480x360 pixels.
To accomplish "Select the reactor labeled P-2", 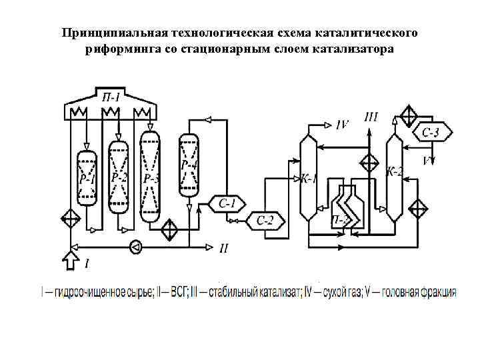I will click(x=119, y=177).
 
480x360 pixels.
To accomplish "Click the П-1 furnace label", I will click(x=111, y=98).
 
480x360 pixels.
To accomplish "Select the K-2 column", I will click(x=395, y=172).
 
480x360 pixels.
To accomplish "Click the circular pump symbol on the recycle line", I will click(x=136, y=246).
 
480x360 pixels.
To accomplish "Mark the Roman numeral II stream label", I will click(x=225, y=247).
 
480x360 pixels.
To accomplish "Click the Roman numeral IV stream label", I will click(x=343, y=123).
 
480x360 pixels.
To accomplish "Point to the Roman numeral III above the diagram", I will click(x=371, y=117).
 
